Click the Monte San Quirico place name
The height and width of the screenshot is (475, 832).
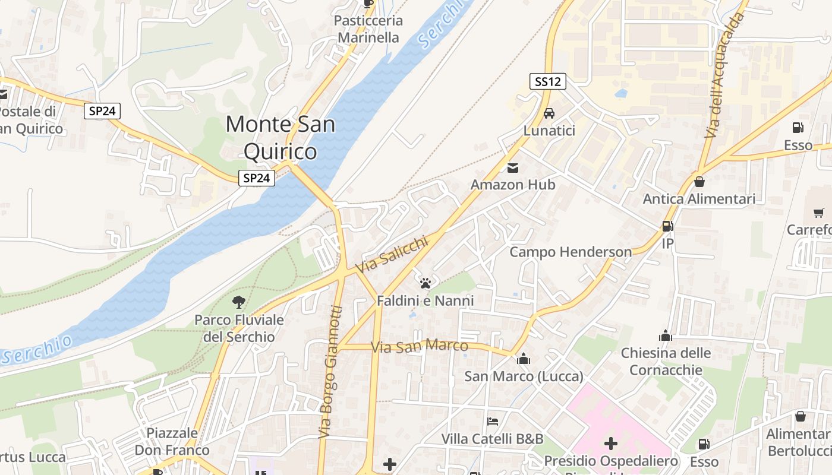(280, 138)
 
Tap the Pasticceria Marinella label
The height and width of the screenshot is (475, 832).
(368, 29)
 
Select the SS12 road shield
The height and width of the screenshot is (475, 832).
(547, 81)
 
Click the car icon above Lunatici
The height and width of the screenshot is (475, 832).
(549, 113)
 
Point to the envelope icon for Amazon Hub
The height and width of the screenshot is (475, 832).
(513, 168)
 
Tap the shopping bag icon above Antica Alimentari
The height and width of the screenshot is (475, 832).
(699, 182)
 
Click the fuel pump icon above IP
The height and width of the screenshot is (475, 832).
(667, 226)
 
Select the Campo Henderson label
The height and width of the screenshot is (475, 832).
(571, 252)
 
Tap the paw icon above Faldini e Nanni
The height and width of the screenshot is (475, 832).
(425, 283)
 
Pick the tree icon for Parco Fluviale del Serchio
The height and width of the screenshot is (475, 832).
(239, 302)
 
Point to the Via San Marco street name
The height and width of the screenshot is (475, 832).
(419, 346)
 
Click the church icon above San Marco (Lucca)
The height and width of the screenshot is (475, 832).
(524, 359)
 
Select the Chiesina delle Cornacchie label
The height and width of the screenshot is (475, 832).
(666, 362)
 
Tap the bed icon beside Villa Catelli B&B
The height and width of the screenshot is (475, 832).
(493, 422)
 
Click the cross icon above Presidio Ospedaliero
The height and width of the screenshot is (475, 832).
(610, 443)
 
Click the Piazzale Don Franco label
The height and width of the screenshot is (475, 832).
(172, 441)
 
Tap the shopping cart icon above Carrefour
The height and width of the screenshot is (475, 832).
(818, 212)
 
